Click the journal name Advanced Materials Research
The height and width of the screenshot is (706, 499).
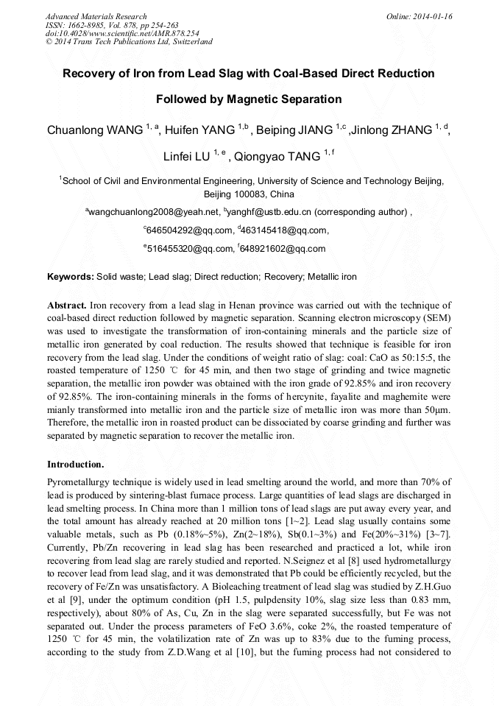point(96,16)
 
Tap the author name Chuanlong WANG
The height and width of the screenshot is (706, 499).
point(95,131)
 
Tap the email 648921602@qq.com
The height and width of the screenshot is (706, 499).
point(283,249)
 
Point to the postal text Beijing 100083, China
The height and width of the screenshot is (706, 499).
point(249,194)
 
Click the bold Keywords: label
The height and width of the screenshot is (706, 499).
point(70,277)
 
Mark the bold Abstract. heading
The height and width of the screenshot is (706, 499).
point(67,305)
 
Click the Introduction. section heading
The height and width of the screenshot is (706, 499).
point(75,465)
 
